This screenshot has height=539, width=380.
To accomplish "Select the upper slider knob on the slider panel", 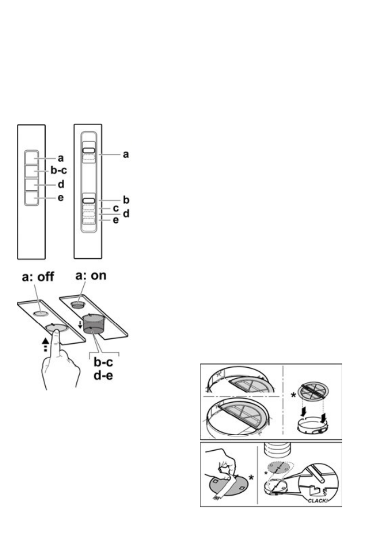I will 89,149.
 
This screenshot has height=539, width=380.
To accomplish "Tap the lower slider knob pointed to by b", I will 89,199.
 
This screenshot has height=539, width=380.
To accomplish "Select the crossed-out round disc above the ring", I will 311,398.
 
